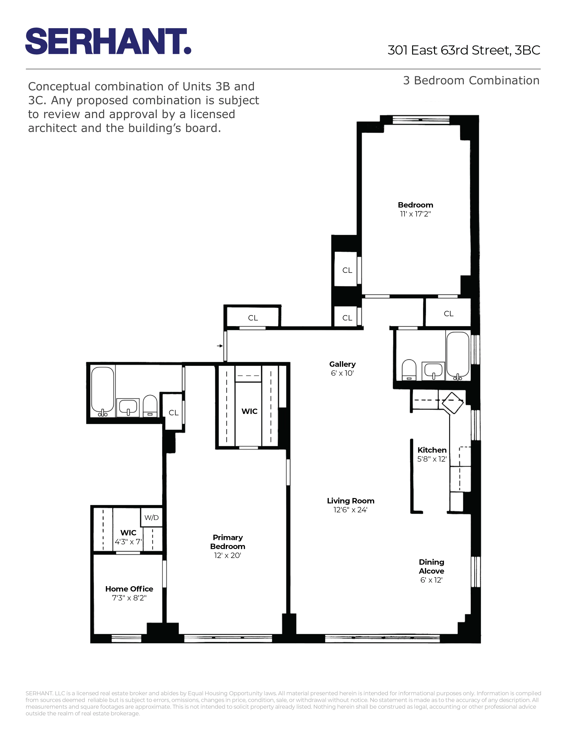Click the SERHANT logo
pos(108,41)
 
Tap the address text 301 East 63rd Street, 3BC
pos(464,50)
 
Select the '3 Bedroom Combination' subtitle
pos(471,81)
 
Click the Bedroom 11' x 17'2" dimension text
pos(415,214)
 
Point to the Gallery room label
pos(342,364)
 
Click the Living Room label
pos(350,501)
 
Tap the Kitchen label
pos(432,450)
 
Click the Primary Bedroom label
pos(228,542)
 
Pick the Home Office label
pos(129,589)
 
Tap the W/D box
pos(151,517)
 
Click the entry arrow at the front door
pos(220,346)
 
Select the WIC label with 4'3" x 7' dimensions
pos(128,537)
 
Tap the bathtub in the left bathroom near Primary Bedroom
pos(102,391)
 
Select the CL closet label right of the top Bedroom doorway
pos(448,314)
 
